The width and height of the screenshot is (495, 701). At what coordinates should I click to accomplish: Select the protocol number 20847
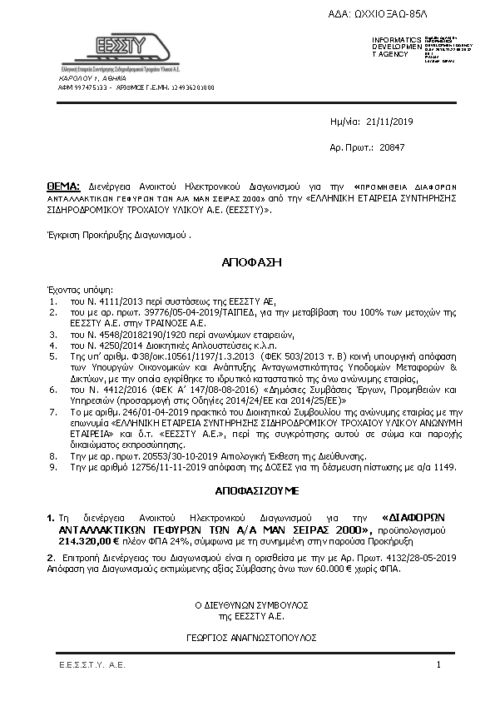click(414, 146)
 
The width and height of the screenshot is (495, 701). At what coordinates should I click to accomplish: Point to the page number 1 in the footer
click(438, 665)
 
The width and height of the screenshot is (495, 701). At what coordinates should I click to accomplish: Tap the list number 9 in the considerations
click(52, 466)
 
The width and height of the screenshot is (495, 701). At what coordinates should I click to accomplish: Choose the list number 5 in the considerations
click(52, 354)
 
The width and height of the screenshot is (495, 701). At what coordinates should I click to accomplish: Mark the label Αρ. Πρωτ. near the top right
click(347, 146)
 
